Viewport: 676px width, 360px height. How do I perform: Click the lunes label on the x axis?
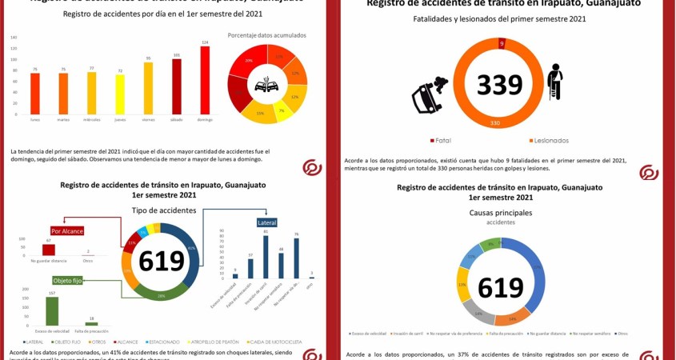[x=35, y=121]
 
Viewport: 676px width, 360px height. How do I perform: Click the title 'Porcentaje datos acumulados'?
[x=266, y=35]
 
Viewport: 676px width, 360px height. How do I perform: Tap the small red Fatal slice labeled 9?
[x=501, y=43]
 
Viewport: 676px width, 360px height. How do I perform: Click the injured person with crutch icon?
[x=554, y=82]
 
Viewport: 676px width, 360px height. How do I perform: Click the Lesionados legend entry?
[x=546, y=141]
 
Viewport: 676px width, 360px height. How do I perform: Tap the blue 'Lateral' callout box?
[x=266, y=222]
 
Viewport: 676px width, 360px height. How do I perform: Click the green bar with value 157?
[x=52, y=310]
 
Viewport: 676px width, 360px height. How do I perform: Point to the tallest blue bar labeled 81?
[x=266, y=256]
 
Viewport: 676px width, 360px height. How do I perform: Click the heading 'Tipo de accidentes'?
[x=163, y=210]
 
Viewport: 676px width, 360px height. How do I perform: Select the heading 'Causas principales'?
[x=500, y=213]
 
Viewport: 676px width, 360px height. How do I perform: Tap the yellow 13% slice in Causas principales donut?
[x=463, y=284]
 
